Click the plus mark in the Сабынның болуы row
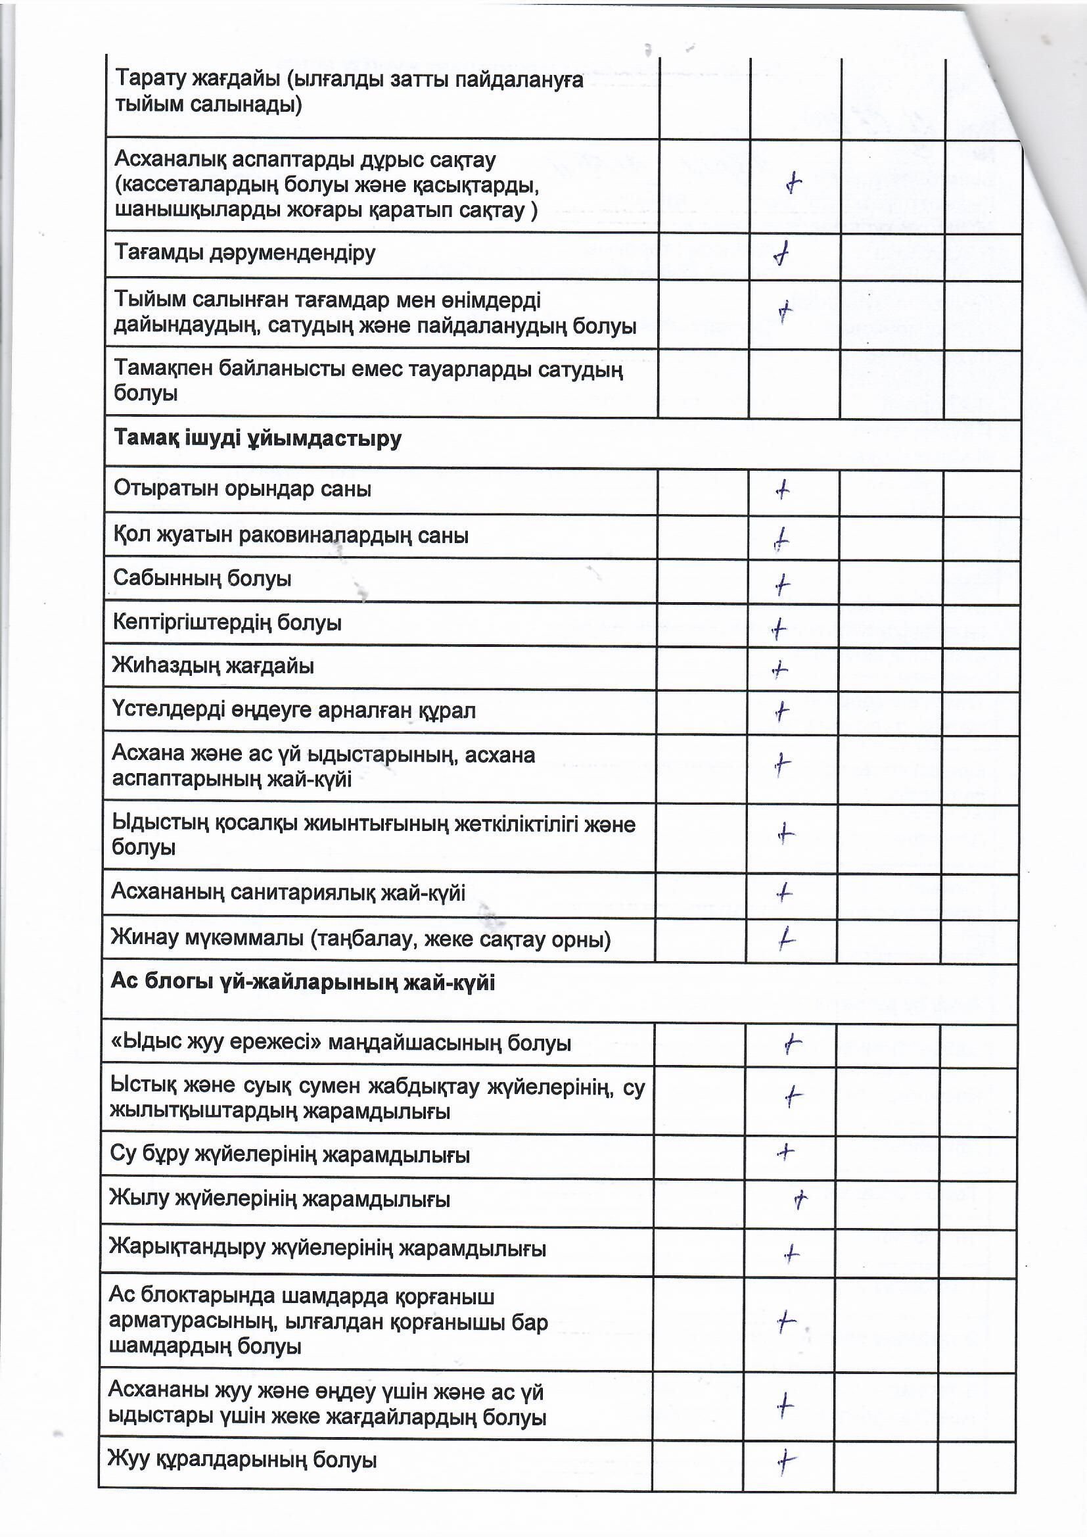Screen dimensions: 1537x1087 point(782,585)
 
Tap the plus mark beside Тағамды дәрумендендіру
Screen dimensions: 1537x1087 point(781,254)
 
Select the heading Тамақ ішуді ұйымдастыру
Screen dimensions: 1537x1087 point(258,438)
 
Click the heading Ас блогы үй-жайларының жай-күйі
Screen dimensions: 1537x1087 point(302,983)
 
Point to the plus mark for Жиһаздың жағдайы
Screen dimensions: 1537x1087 point(780,669)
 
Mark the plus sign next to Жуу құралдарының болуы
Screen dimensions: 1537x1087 point(785,1461)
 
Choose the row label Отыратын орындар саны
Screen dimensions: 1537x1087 point(243,488)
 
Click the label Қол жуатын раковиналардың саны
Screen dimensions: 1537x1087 point(290,536)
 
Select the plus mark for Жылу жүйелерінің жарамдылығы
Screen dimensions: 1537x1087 point(800,1200)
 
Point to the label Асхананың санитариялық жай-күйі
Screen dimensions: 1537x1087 point(288,892)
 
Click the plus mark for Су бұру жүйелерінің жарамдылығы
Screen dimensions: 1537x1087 point(785,1152)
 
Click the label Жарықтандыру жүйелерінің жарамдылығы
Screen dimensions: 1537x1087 point(327,1248)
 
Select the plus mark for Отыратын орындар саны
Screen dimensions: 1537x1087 point(783,491)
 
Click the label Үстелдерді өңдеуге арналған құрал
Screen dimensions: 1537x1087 point(294,710)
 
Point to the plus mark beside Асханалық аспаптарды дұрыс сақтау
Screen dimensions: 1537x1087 point(793,183)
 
